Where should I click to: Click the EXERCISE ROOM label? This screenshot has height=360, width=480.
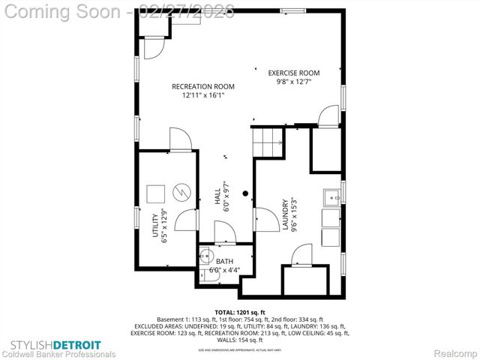[x=294, y=73]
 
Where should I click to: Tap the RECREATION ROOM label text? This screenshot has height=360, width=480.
[x=202, y=86]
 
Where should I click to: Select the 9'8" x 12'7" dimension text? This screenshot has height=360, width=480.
[x=294, y=82]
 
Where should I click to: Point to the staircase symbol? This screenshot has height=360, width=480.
[x=268, y=141]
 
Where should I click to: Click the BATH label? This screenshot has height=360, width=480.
[x=224, y=262]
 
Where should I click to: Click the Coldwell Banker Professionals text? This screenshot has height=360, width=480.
[x=58, y=354]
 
